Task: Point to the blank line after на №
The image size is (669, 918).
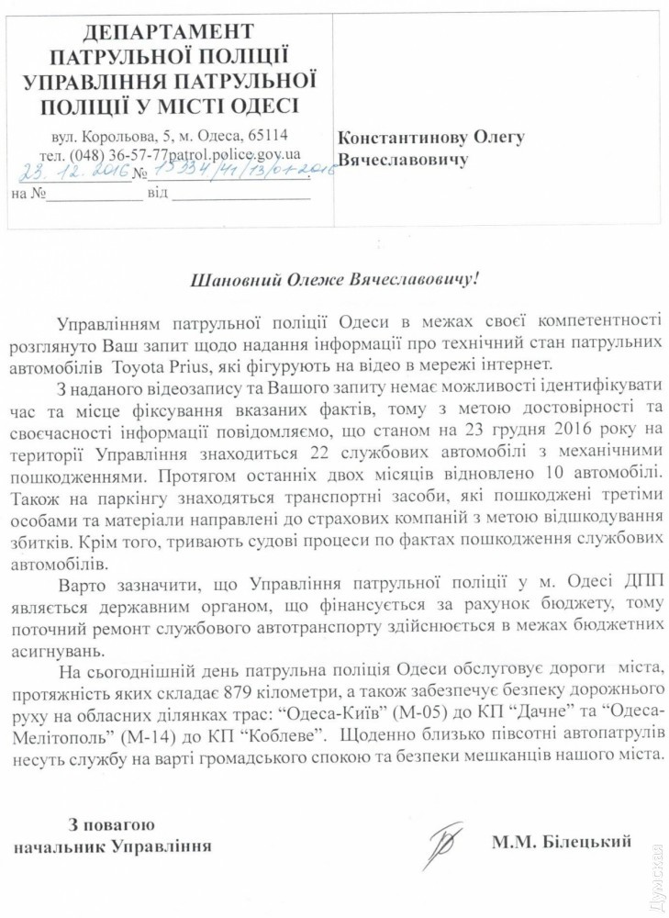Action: coord(95,195)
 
